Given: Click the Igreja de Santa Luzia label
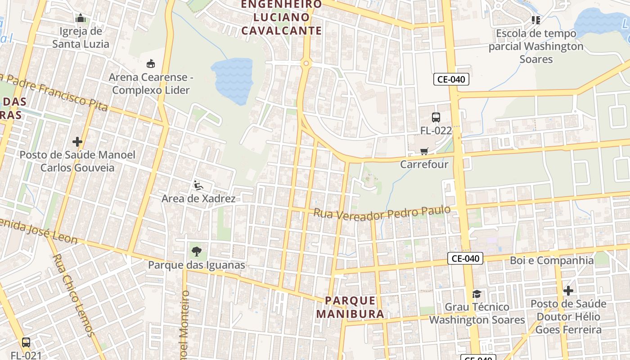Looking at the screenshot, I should click(x=81, y=38).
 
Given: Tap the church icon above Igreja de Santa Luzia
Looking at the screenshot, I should click(x=81, y=18).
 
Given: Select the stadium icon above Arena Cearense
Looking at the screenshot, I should click(x=151, y=64).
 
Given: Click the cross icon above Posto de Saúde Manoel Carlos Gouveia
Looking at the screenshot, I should click(x=77, y=142).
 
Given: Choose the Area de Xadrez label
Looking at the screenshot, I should click(x=198, y=198).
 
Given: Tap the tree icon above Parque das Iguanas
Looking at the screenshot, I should click(x=196, y=251).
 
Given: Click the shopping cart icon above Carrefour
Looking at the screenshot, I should click(x=424, y=152).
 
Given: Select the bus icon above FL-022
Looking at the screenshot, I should click(x=436, y=117).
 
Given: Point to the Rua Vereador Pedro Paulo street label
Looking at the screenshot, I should click(x=382, y=213).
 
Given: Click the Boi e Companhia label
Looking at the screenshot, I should click(x=552, y=261).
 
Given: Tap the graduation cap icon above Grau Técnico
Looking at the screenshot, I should click(x=477, y=294).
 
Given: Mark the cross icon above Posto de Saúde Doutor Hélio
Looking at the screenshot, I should click(x=568, y=291).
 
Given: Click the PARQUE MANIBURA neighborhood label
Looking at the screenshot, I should click(x=350, y=307).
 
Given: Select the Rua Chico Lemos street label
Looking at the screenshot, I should click(x=73, y=295).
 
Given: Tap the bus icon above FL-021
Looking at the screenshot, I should click(x=26, y=342).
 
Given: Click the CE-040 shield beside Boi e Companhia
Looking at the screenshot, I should click(x=465, y=258).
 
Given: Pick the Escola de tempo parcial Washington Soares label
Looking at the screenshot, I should click(x=535, y=46).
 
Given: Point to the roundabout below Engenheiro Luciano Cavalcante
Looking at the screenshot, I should click(x=306, y=63).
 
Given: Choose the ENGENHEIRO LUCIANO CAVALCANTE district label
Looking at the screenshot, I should click(x=282, y=18).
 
